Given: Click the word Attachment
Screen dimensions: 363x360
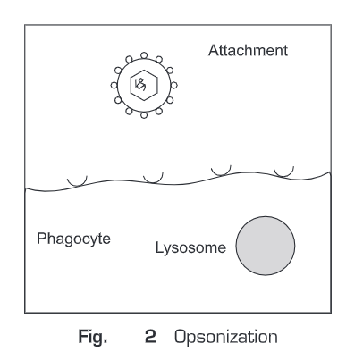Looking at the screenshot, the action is [248, 50].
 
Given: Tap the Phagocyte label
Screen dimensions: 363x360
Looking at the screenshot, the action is [73, 239].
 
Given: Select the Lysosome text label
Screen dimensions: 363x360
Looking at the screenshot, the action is [190, 247].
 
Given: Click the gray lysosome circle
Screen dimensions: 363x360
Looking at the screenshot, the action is [266, 246].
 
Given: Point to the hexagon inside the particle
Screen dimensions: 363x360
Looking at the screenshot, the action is [144, 71].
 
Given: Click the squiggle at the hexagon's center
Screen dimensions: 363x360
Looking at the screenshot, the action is [140, 85].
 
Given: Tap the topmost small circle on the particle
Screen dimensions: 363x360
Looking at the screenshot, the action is [144, 55].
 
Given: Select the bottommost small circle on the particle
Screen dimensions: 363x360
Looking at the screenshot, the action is [144, 115].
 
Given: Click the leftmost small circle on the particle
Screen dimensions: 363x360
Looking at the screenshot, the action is [114, 86].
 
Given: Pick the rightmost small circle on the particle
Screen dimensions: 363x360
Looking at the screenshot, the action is [174, 86].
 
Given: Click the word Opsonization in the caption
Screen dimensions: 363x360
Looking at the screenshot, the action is [226, 337].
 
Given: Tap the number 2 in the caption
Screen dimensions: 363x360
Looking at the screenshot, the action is [150, 337].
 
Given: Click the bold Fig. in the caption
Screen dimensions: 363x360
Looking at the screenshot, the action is [93, 337].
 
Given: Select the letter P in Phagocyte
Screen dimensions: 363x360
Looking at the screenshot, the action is [41, 239].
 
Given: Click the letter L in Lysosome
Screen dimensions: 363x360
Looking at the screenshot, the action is [159, 247].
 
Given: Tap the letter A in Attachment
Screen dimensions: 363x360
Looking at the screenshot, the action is [214, 50].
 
